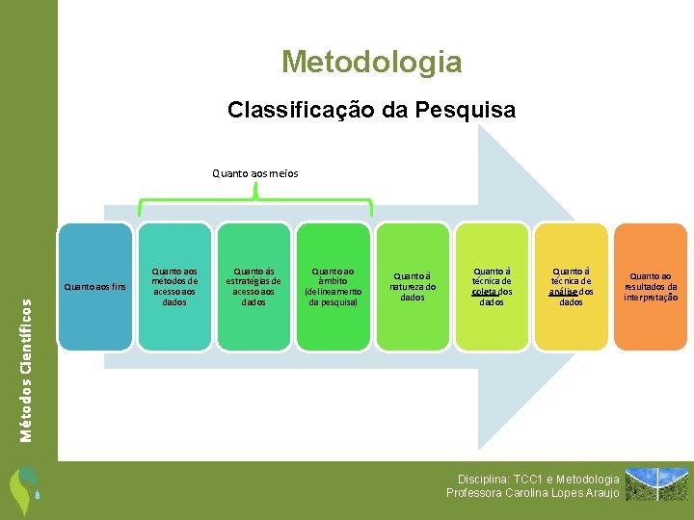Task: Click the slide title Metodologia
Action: [371, 63]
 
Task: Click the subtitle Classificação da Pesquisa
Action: [371, 110]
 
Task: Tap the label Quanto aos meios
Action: [255, 173]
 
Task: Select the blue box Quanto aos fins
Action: [93, 286]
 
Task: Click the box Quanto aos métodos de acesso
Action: [174, 286]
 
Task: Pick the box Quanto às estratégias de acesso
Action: [254, 286]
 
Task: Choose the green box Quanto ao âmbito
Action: [333, 286]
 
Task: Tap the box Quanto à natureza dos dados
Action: [413, 286]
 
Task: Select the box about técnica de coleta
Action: [492, 286]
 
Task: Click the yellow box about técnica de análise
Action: [571, 286]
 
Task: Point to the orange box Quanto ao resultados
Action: [651, 286]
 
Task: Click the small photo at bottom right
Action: [657, 485]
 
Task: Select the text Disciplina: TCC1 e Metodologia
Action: [538, 479]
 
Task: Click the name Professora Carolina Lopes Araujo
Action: [533, 493]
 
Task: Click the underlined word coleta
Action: [484, 291]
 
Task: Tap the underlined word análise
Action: [563, 291]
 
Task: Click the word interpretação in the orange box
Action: [651, 297]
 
